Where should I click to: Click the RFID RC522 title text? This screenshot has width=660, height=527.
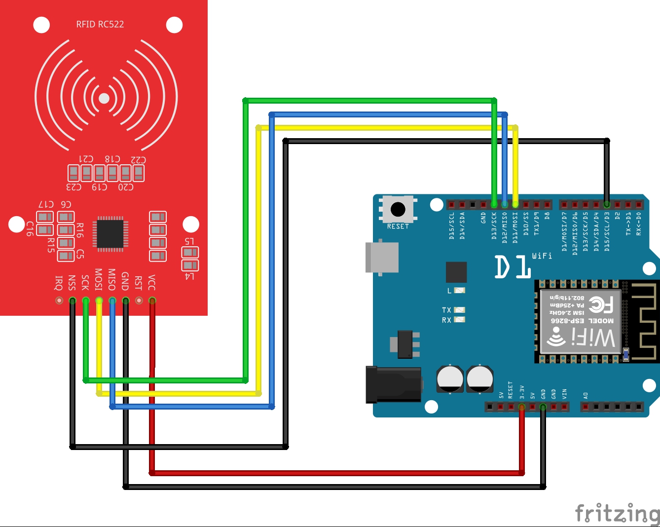(x=100, y=24)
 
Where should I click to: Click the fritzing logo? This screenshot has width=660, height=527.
(x=617, y=513)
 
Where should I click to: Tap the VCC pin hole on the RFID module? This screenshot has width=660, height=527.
(x=152, y=301)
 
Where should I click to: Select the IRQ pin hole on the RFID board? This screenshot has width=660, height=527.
(x=59, y=301)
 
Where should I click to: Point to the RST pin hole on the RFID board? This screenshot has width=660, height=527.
(x=139, y=301)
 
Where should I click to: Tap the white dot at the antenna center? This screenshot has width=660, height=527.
(x=104, y=98)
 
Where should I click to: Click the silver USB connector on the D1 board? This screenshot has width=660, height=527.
(x=382, y=257)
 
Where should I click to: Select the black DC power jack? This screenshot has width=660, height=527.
(x=393, y=385)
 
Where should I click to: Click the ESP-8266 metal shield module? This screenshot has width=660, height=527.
(x=580, y=321)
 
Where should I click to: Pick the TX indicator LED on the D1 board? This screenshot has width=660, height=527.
(x=459, y=310)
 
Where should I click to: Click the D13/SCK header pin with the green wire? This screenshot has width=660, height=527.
(x=494, y=204)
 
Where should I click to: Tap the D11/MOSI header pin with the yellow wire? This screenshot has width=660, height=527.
(x=515, y=204)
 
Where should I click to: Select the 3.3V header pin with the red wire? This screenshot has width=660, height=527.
(x=522, y=407)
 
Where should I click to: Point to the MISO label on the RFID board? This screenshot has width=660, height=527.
(x=112, y=279)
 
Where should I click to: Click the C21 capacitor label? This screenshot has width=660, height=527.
(x=86, y=159)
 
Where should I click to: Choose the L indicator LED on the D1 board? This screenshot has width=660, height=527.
(x=459, y=291)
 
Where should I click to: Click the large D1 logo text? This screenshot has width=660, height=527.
(x=513, y=266)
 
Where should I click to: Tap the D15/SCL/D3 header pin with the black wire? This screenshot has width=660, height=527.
(x=607, y=204)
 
